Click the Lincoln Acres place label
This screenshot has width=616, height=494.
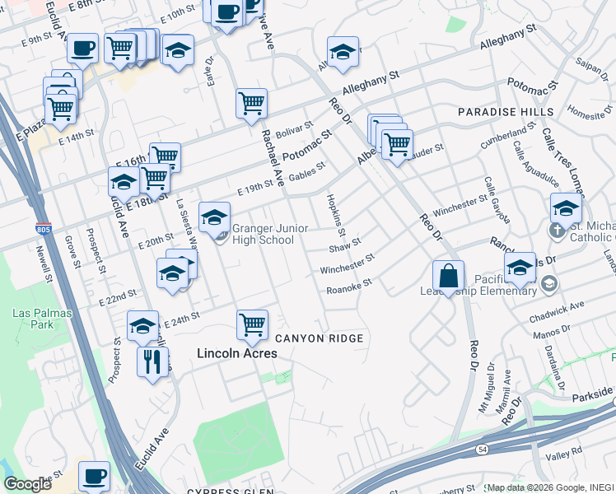point(236,353)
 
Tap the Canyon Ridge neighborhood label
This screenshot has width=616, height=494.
point(319,338)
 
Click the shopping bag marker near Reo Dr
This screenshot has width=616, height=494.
point(448,277)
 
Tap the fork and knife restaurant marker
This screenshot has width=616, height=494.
point(152,361)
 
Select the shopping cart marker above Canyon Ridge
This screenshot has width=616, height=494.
point(252,324)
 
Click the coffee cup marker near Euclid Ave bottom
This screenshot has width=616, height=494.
point(94,476)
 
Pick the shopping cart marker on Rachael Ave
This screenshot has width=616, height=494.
point(251,104)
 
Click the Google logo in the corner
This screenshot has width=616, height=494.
point(27,484)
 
